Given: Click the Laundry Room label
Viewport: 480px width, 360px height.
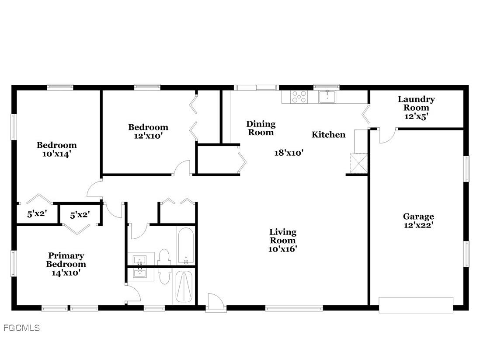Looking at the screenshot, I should (x=416, y=108).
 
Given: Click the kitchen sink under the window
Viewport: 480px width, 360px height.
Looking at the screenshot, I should (x=327, y=96).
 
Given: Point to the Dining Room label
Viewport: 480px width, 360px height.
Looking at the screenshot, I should (x=261, y=128).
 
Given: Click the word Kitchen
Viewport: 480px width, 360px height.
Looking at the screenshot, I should (x=328, y=135).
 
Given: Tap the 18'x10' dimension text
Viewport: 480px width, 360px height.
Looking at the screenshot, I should (x=289, y=153).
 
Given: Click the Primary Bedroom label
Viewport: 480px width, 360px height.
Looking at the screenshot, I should (x=66, y=260).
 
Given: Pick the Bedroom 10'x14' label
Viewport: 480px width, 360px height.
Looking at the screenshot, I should (x=56, y=149).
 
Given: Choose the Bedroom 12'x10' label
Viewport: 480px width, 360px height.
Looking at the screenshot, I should (x=148, y=131).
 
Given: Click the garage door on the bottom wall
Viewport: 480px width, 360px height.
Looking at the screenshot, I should (x=416, y=305).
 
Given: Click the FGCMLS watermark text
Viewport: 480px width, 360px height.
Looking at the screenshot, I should (x=21, y=328).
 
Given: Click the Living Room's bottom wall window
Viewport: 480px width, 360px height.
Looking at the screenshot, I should (x=294, y=308).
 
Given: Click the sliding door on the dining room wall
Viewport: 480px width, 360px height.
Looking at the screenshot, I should (x=256, y=87).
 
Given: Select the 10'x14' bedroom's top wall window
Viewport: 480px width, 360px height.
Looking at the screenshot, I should (x=60, y=87).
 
